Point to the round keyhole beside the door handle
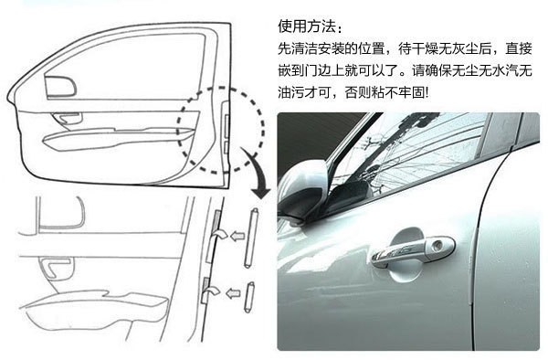(440, 247)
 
